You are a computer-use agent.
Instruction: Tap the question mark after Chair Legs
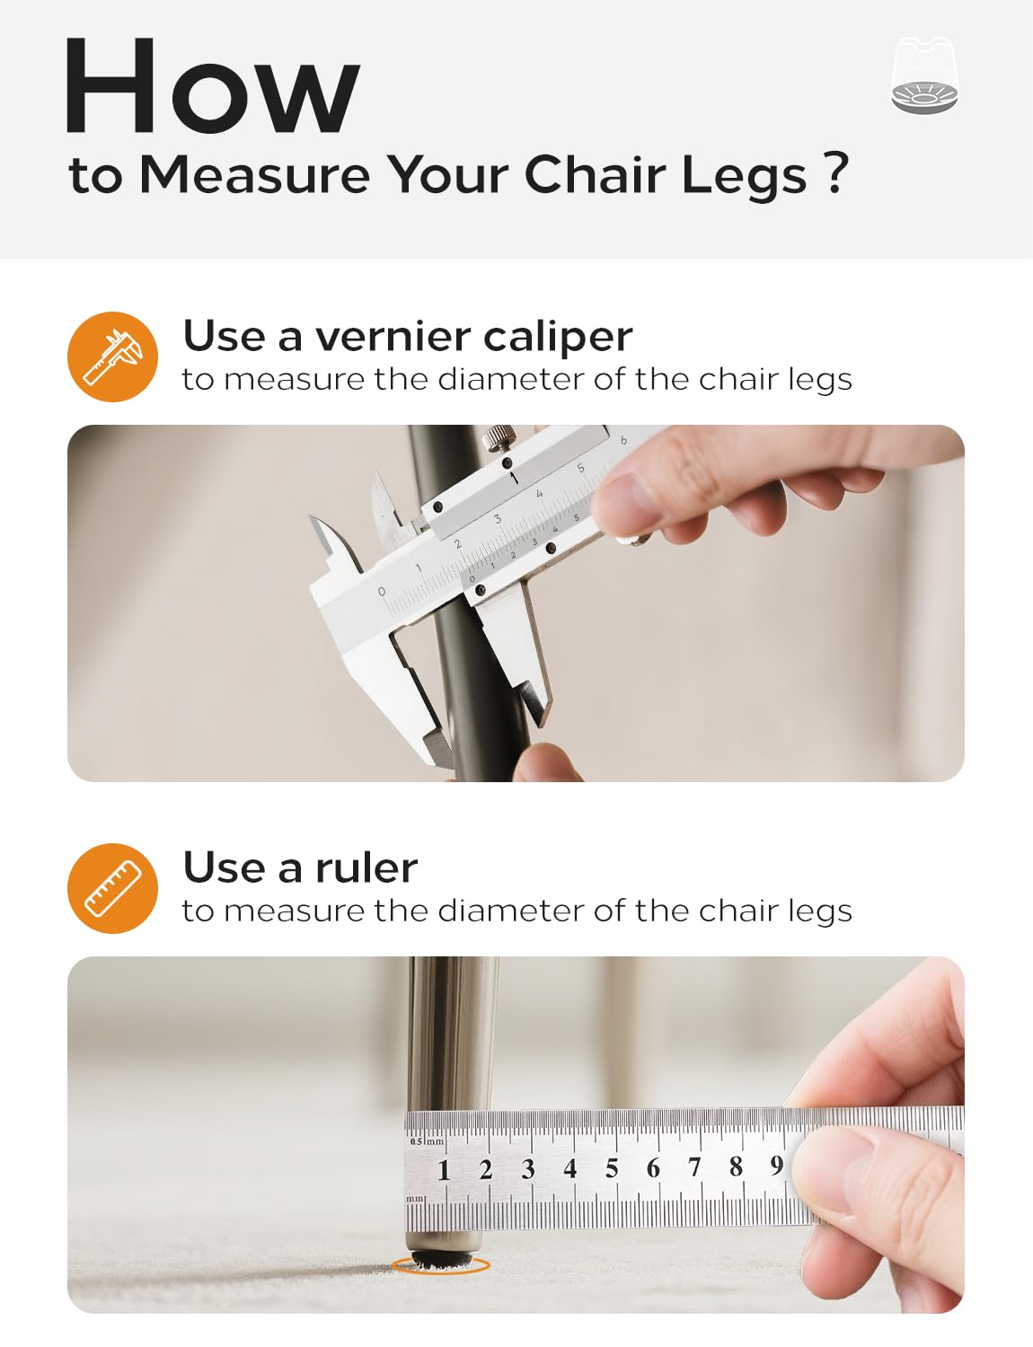click(x=836, y=173)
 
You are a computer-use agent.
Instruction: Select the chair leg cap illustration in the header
click(x=924, y=75)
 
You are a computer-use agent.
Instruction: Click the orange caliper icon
click(x=113, y=357)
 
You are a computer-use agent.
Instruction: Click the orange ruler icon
click(x=113, y=888)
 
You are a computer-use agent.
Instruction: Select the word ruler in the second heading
click(x=366, y=867)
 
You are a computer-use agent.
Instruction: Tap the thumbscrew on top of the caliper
click(x=499, y=437)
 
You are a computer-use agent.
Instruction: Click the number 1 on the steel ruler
click(x=444, y=1170)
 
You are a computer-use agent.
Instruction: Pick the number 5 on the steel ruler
click(x=612, y=1168)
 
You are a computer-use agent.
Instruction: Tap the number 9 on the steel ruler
click(x=776, y=1166)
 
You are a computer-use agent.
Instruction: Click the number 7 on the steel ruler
click(x=694, y=1167)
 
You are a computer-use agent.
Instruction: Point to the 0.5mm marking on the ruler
click(x=427, y=1141)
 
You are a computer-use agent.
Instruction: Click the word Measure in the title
click(x=255, y=175)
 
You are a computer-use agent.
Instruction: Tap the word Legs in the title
click(x=744, y=178)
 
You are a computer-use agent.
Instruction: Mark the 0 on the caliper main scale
click(x=382, y=592)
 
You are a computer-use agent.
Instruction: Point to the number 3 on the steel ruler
click(x=527, y=1169)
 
